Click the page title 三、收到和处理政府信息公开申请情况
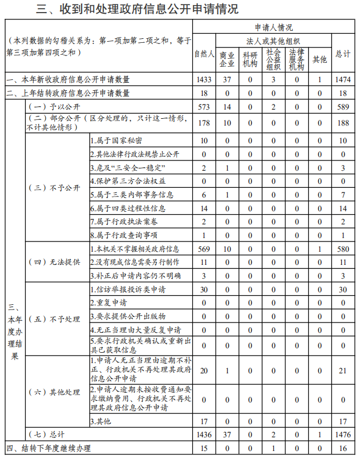coord(137,9)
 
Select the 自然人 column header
coord(204,54)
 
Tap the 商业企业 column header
coord(228,58)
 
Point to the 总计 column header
coord(343,54)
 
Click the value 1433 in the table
coord(204,79)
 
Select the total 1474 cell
coord(343,79)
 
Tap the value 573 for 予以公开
coord(204,107)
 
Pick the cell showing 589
coord(343,107)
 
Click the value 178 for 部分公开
coord(204,123)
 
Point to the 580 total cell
coord(343,249)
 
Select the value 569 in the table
coord(204,249)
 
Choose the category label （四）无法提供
coord(55,262)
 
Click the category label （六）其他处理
coord(55,393)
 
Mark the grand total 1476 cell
coord(343,435)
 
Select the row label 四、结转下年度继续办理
coord(49,449)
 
